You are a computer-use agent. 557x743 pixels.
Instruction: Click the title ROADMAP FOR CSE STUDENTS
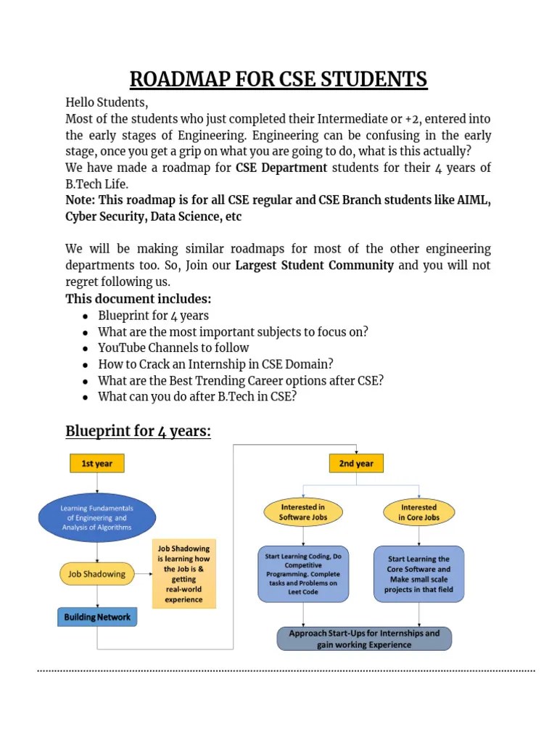[x=278, y=79]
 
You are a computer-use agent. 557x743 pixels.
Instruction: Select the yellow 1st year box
[x=96, y=463]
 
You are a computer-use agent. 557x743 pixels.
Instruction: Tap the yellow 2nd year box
[x=356, y=463]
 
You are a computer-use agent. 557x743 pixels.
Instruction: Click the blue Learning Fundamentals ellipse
[x=96, y=517]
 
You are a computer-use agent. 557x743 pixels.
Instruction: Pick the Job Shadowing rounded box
[x=96, y=574]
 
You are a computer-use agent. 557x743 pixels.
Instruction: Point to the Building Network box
[x=97, y=617]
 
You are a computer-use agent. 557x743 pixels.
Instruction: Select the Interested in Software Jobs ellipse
[x=303, y=512]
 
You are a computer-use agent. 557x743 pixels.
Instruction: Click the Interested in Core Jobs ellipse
[x=418, y=512]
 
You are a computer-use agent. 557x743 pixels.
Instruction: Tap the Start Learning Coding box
[x=303, y=574]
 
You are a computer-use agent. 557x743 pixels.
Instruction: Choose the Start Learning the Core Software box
[x=418, y=574]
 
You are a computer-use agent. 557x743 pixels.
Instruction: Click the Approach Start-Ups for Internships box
[x=364, y=639]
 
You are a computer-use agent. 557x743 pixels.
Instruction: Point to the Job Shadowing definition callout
[x=183, y=574]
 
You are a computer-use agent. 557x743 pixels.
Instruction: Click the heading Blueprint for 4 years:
[x=138, y=431]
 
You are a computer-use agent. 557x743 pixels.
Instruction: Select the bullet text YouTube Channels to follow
[x=173, y=348]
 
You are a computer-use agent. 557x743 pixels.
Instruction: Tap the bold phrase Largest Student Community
[x=315, y=266]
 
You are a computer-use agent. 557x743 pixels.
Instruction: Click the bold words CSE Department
[x=281, y=168]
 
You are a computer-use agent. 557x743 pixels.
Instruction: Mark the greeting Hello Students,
[x=107, y=102]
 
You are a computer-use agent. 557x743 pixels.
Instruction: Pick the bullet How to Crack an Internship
[x=215, y=364]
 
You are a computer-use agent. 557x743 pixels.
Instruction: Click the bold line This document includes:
[x=139, y=299]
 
